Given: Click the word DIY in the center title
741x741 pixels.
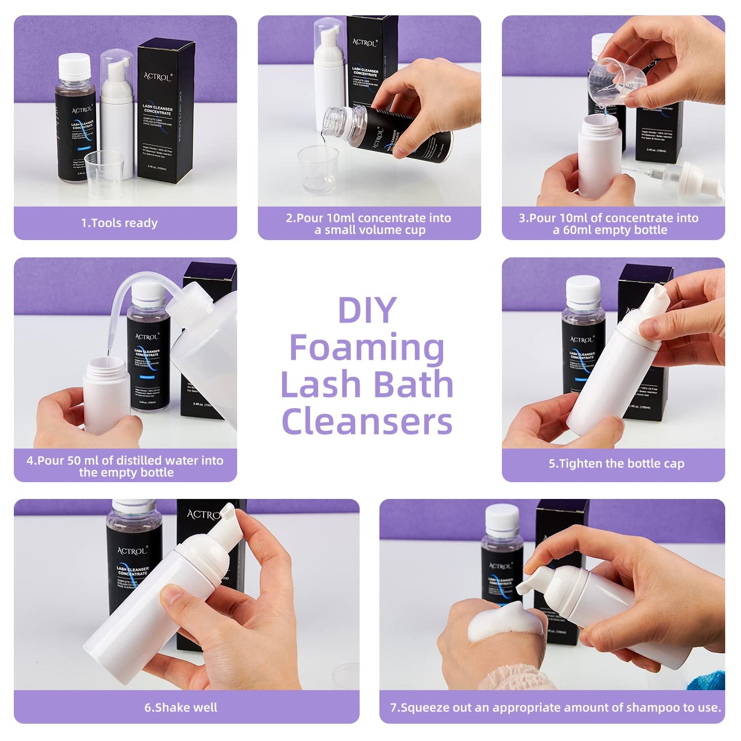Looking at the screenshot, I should pyautogui.click(x=367, y=310).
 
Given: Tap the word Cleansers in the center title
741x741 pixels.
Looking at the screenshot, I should pyautogui.click(x=367, y=422).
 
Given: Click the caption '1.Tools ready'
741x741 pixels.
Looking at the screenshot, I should pyautogui.click(x=119, y=223).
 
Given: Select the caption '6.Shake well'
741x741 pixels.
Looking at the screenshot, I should pyautogui.click(x=181, y=708).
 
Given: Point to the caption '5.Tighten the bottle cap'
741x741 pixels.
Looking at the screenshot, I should pyautogui.click(x=616, y=464).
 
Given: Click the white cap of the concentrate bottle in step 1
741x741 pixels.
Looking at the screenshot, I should pyautogui.click(x=74, y=66).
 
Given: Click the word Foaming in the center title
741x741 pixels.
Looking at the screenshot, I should pyautogui.click(x=367, y=348).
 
